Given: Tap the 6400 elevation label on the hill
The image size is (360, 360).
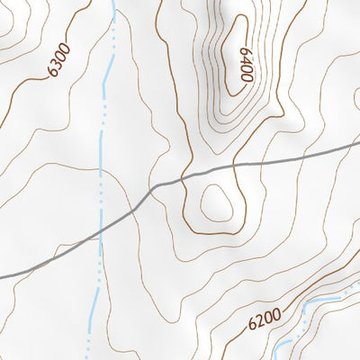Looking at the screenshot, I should point(246,64).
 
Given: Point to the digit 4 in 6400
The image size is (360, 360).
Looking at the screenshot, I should point(246,59).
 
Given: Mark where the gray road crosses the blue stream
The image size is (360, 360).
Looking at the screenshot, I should point(100,229).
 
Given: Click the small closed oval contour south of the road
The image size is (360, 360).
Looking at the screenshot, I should point(217,203).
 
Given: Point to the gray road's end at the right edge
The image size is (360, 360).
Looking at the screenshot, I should point(358,142).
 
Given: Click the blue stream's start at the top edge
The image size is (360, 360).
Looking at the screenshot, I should point(113,3).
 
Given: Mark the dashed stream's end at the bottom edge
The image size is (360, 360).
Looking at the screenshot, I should point(89,357).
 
